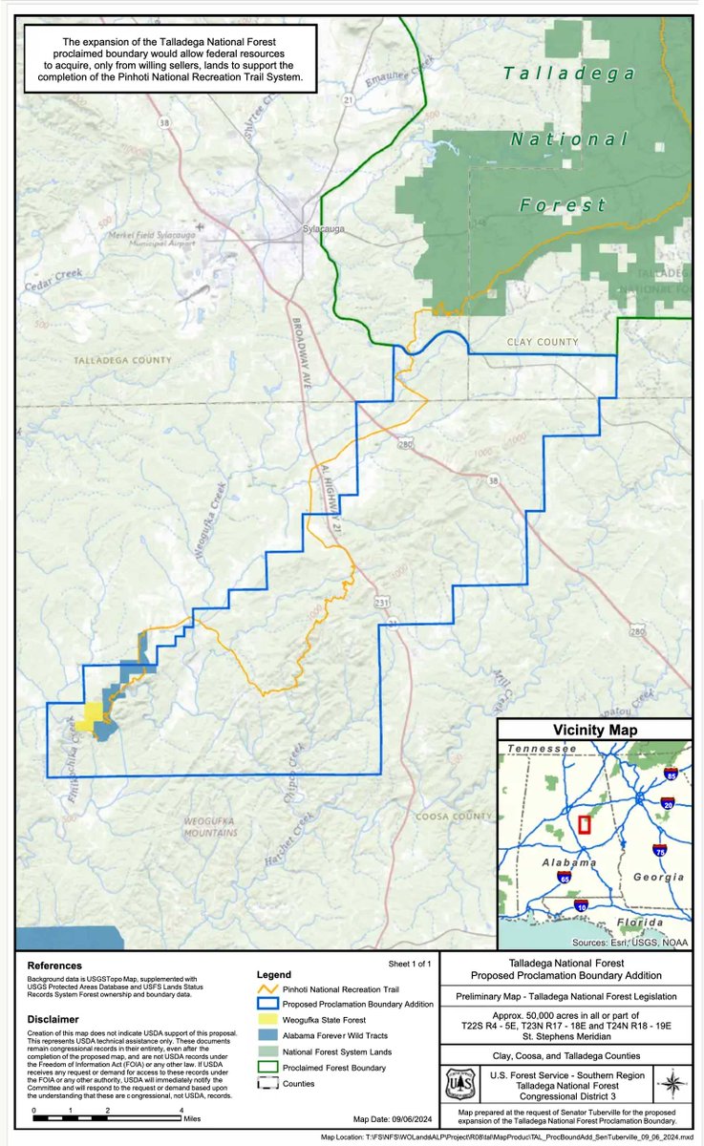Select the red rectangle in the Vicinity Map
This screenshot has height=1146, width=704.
coord(585,824)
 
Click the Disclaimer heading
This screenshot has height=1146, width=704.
coord(53,1019)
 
